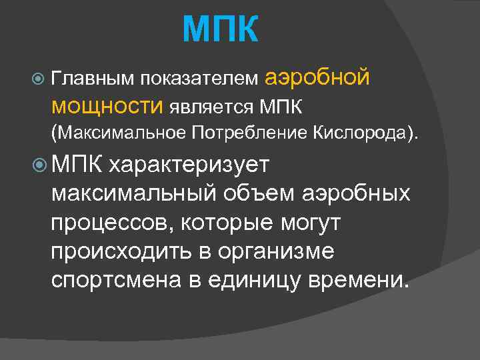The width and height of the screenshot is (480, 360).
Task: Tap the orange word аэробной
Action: coord(317,78)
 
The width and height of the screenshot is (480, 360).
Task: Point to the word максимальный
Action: coord(133,194)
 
